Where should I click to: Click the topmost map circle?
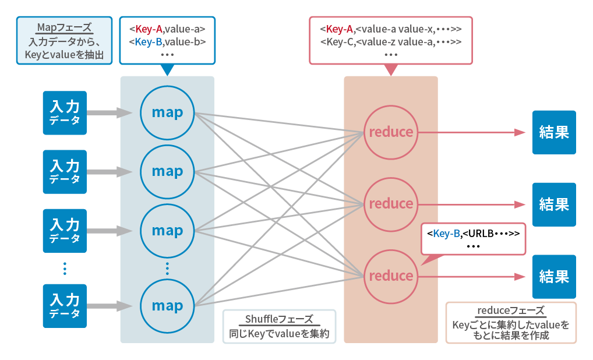(x=167, y=112)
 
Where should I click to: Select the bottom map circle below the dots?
(x=167, y=305)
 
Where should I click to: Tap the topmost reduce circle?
(x=391, y=132)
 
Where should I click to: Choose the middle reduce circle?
(x=391, y=203)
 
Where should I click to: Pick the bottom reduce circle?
(x=391, y=276)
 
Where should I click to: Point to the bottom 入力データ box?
(x=65, y=305)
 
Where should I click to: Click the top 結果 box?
(x=554, y=132)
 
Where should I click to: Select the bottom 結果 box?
(x=554, y=276)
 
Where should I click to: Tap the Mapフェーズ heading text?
(x=64, y=27)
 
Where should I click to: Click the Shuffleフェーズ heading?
(x=279, y=319)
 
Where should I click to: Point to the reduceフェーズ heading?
(x=510, y=310)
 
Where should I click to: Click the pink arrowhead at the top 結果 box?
(x=520, y=132)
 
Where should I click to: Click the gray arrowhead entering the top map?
(x=124, y=112)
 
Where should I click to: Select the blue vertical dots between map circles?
(x=167, y=268)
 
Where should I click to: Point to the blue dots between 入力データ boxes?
(x=65, y=268)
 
